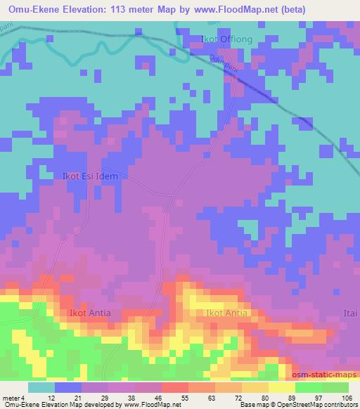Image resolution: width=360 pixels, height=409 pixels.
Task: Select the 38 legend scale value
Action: [x=134, y=398]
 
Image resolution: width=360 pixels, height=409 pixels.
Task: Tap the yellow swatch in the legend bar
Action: [x=282, y=387]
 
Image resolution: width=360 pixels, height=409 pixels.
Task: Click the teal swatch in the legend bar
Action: [x=41, y=387]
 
